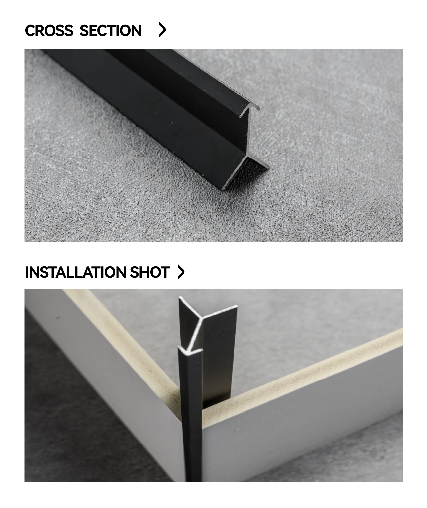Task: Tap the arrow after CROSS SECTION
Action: tap(162, 30)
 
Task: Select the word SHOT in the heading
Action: tap(150, 272)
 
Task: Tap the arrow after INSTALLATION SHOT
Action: tap(181, 272)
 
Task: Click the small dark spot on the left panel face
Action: tap(58, 318)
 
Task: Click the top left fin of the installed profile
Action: tap(190, 307)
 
